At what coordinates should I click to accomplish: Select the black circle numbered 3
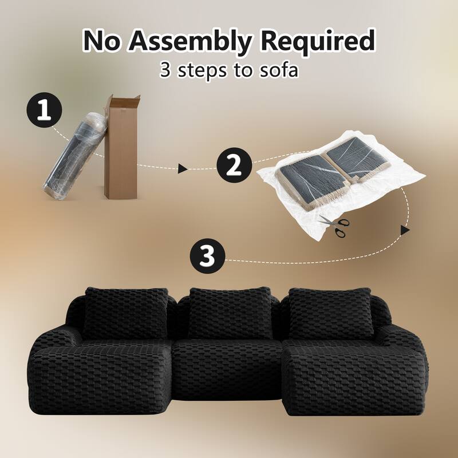206,256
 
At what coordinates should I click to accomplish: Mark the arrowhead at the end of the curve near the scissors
405,230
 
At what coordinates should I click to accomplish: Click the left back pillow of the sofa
124,312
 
